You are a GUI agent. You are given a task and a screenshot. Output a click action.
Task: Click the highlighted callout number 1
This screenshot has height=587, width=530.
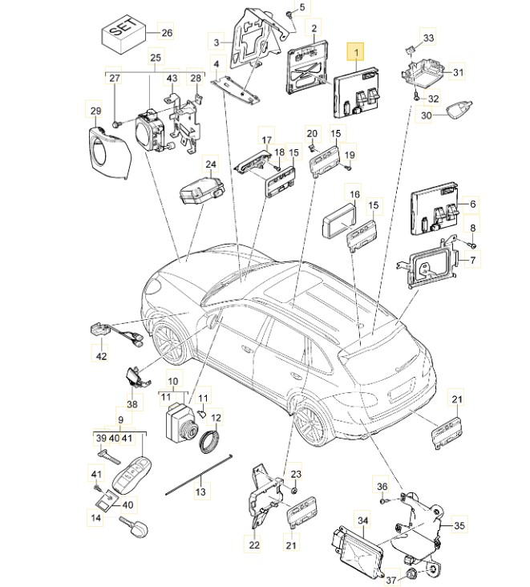pyautogui.click(x=354, y=52)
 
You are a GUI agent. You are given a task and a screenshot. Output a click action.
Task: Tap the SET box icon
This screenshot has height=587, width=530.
pyautogui.click(x=119, y=33)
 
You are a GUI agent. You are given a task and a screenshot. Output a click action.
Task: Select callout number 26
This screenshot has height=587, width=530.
pyautogui.click(x=166, y=33)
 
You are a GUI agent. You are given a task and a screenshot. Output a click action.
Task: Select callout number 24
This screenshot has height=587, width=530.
pyautogui.click(x=210, y=166)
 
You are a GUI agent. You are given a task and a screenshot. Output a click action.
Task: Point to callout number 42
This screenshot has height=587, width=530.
pyautogui.click(x=102, y=355)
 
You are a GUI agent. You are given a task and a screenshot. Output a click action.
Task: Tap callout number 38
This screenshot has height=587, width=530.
pyautogui.click(x=132, y=405)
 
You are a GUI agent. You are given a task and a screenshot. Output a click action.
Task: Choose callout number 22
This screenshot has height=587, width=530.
pyautogui.click(x=254, y=545)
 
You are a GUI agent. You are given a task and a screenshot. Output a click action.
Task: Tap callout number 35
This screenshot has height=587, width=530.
pyautogui.click(x=459, y=525)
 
